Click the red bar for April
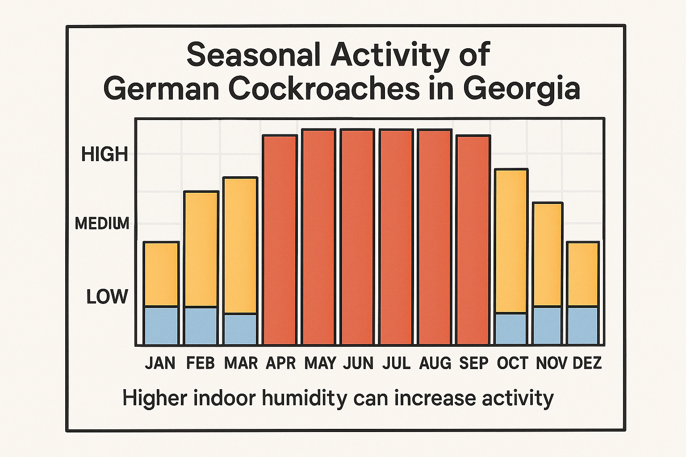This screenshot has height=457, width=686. click(280, 240)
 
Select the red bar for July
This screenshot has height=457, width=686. click(396, 237)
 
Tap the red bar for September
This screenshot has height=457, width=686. click(473, 240)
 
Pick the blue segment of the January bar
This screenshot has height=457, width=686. click(161, 326)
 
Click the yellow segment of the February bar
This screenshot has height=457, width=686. click(201, 249)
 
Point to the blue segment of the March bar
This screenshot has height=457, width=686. click(240, 329)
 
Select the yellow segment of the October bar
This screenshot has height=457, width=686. click(511, 241)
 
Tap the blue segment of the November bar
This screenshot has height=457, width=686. click(548, 325)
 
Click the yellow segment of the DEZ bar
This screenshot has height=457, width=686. click(583, 274)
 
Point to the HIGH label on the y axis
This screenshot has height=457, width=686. click(105, 154)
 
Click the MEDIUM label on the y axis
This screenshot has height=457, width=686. click(102, 223)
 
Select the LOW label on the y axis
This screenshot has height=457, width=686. click(107, 297)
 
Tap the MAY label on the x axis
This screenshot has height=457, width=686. click(320, 363)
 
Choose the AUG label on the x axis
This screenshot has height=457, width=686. click(435, 363)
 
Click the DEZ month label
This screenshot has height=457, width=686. click(587, 363)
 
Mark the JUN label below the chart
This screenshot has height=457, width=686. click(358, 363)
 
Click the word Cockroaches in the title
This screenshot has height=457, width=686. click(324, 88)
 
